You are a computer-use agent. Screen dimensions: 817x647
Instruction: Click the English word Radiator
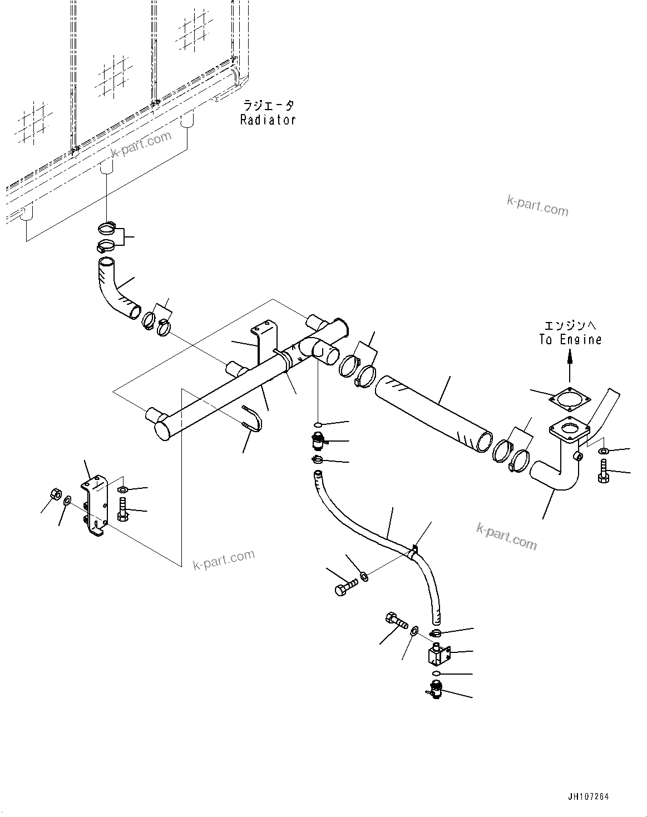[268, 120]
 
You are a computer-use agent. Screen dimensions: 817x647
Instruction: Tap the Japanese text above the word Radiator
[268, 105]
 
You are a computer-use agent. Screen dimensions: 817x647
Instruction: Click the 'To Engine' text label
[570, 339]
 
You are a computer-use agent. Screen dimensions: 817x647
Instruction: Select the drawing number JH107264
[589, 797]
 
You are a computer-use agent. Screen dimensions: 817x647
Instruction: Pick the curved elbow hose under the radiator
[117, 289]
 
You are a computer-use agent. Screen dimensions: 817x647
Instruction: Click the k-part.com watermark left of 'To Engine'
[537, 206]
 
